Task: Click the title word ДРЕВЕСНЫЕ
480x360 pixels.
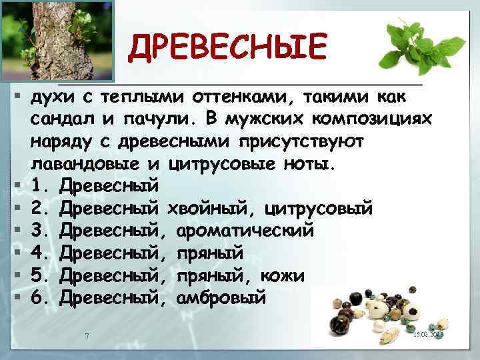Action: [229, 47]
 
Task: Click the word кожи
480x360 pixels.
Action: [287, 275]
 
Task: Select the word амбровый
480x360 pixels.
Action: [221, 297]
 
